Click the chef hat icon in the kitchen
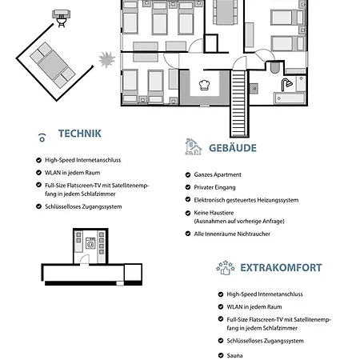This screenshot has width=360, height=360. point(204,85)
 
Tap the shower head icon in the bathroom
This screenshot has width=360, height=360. point(286,84)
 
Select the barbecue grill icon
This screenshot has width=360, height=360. point(62,18)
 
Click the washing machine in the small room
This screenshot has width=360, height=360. point(90,243)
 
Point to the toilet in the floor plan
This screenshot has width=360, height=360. point(274,67)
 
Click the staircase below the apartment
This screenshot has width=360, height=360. point(239,103)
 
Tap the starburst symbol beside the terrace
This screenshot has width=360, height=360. point(107,59)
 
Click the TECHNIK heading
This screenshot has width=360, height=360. point(80,134)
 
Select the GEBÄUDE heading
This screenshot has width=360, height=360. point(233,148)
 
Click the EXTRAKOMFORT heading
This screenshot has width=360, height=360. point(281,268)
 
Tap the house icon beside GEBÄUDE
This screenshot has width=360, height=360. point(193,146)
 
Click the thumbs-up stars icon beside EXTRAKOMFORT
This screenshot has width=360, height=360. point(226,268)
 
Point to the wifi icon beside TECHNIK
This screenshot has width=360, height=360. point(42,138)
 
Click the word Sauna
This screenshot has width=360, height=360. point(234,355)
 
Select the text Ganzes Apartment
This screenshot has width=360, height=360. point(218,174)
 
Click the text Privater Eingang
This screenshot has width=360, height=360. point(214,187)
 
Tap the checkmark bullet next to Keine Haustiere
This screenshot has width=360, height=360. point(188,213)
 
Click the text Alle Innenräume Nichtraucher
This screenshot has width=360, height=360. point(232,234)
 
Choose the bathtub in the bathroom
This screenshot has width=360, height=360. point(290,98)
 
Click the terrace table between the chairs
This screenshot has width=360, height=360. point(53,65)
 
